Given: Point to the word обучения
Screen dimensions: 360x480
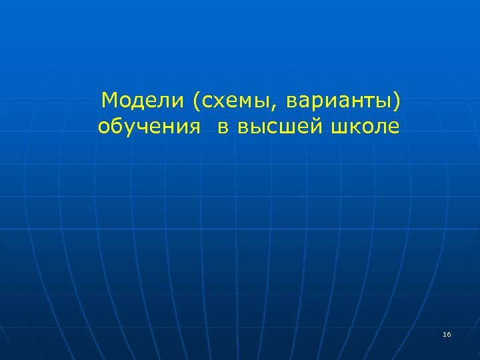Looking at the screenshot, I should coord(149,126).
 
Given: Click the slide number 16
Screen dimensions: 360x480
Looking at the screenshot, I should coord(447,333).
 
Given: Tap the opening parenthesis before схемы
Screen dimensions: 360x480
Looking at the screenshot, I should coord(195,101).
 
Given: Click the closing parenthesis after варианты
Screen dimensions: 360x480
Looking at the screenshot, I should coord(399,101).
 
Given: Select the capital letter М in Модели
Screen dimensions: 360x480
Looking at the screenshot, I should coord(110,101).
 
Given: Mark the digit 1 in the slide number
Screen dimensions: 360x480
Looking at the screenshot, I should coord(445,333).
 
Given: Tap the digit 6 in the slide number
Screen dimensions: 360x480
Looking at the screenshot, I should coord(449,333).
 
